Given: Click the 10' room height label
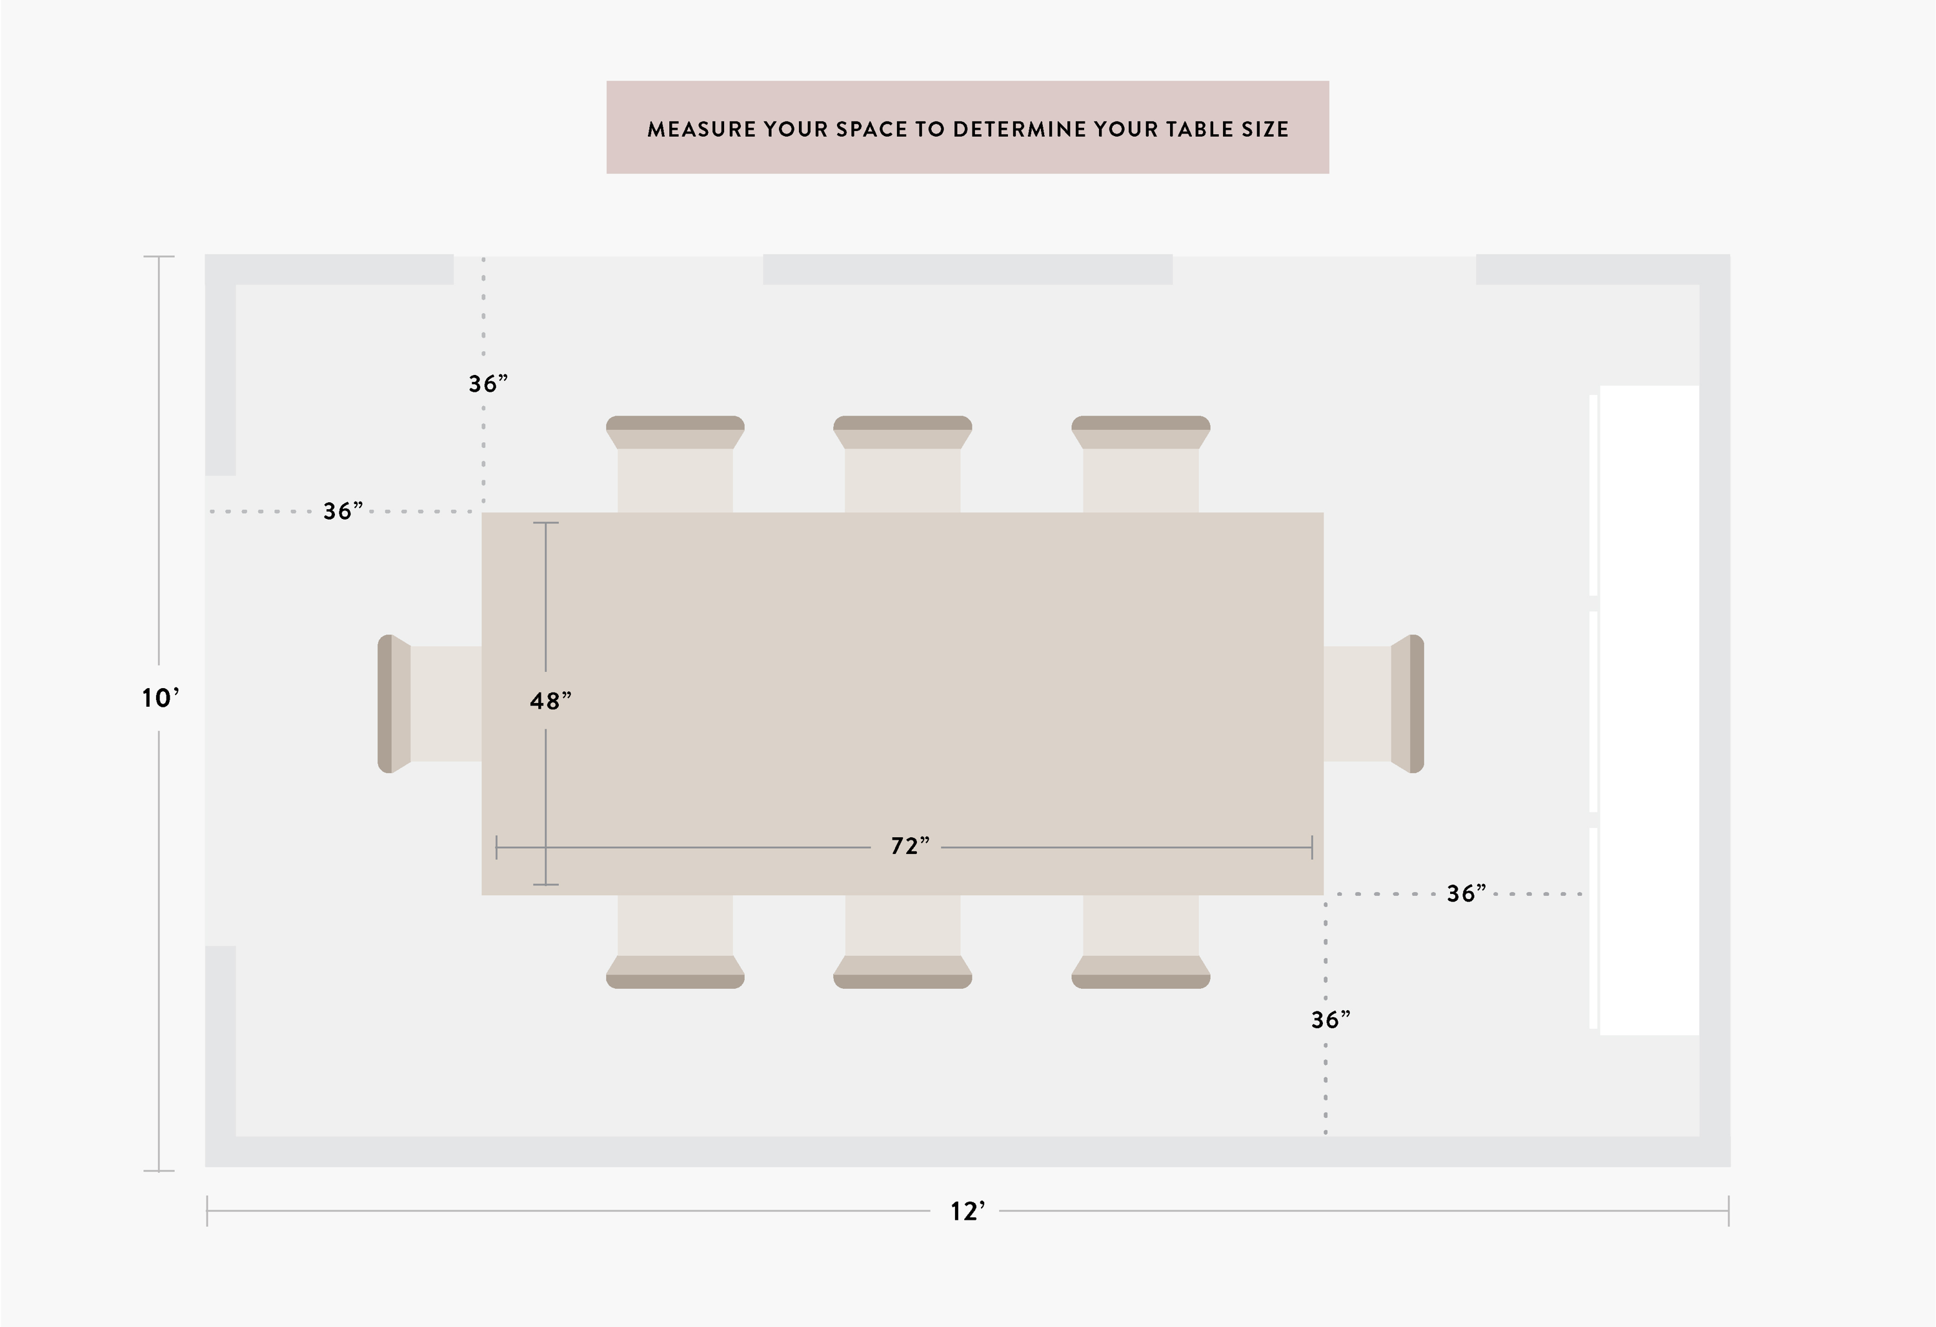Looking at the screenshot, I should pyautogui.click(x=160, y=698).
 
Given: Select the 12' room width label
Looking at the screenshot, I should pyautogui.click(x=967, y=1211).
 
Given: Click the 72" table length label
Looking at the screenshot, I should pyautogui.click(x=910, y=846).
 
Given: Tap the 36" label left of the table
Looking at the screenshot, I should pyautogui.click(x=343, y=511).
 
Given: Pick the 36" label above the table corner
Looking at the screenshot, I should pyautogui.click(x=488, y=384).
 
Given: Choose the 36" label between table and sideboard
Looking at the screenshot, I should pyautogui.click(x=1466, y=894).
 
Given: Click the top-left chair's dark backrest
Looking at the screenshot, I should pyautogui.click(x=675, y=422).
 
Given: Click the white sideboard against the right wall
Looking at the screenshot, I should pyautogui.click(x=1648, y=710).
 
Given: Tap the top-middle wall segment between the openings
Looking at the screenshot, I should pyautogui.click(x=967, y=269).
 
